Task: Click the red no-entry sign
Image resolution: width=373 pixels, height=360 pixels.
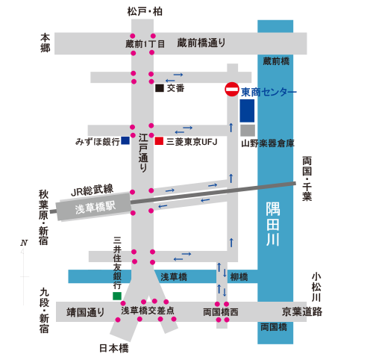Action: point(232,90)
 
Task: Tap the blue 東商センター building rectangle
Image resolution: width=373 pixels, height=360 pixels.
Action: point(247,111)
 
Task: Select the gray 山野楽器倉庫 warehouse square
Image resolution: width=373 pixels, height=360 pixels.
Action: point(248,131)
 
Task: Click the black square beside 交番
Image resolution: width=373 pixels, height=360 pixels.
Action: point(160,88)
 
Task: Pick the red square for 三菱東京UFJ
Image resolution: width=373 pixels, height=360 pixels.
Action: point(159,141)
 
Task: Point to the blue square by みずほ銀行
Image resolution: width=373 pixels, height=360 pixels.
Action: point(125,140)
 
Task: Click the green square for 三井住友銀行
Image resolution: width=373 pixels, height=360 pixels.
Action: point(117,296)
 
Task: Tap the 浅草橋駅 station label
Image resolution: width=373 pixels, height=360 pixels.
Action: point(95,208)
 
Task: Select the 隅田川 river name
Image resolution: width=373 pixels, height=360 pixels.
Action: point(273,224)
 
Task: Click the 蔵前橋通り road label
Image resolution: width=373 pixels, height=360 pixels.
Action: point(201,43)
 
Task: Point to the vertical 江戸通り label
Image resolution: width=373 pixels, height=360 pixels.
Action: point(143,152)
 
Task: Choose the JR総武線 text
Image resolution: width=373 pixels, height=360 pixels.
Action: point(93,190)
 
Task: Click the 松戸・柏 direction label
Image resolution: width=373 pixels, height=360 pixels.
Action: point(145,12)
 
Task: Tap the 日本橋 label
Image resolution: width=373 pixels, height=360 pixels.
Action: point(114,348)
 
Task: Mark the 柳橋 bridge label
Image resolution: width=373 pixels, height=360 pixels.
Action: point(239,277)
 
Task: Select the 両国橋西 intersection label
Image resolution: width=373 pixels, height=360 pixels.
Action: point(221,312)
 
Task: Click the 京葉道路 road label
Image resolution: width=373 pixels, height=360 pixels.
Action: point(302,311)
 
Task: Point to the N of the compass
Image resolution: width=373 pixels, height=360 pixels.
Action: point(24,243)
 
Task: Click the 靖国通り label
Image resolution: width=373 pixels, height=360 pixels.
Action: point(85,312)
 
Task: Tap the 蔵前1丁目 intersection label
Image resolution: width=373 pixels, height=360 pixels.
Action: point(145,44)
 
